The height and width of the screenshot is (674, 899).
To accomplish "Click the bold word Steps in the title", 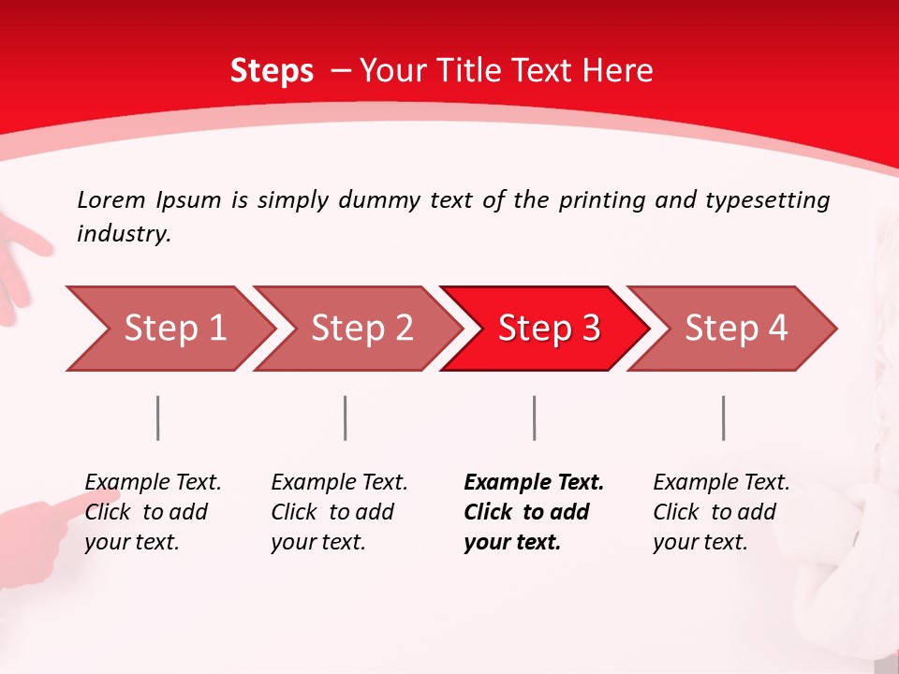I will [x=272, y=71].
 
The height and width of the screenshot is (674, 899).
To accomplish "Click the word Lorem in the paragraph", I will [x=111, y=199].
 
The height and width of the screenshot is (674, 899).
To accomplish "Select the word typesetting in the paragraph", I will [x=767, y=200].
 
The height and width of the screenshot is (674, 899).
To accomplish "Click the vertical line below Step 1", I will [x=158, y=418].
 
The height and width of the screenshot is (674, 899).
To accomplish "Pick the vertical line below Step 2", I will [x=346, y=418].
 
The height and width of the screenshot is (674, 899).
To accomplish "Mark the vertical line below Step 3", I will [x=534, y=418].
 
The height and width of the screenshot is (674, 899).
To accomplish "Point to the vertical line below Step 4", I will [x=723, y=418].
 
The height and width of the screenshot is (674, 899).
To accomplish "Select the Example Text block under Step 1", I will [x=153, y=512].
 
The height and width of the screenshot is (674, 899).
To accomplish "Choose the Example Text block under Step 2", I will [x=339, y=512].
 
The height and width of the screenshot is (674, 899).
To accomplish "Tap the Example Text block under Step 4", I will [x=721, y=512].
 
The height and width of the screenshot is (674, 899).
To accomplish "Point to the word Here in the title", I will [x=617, y=71].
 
